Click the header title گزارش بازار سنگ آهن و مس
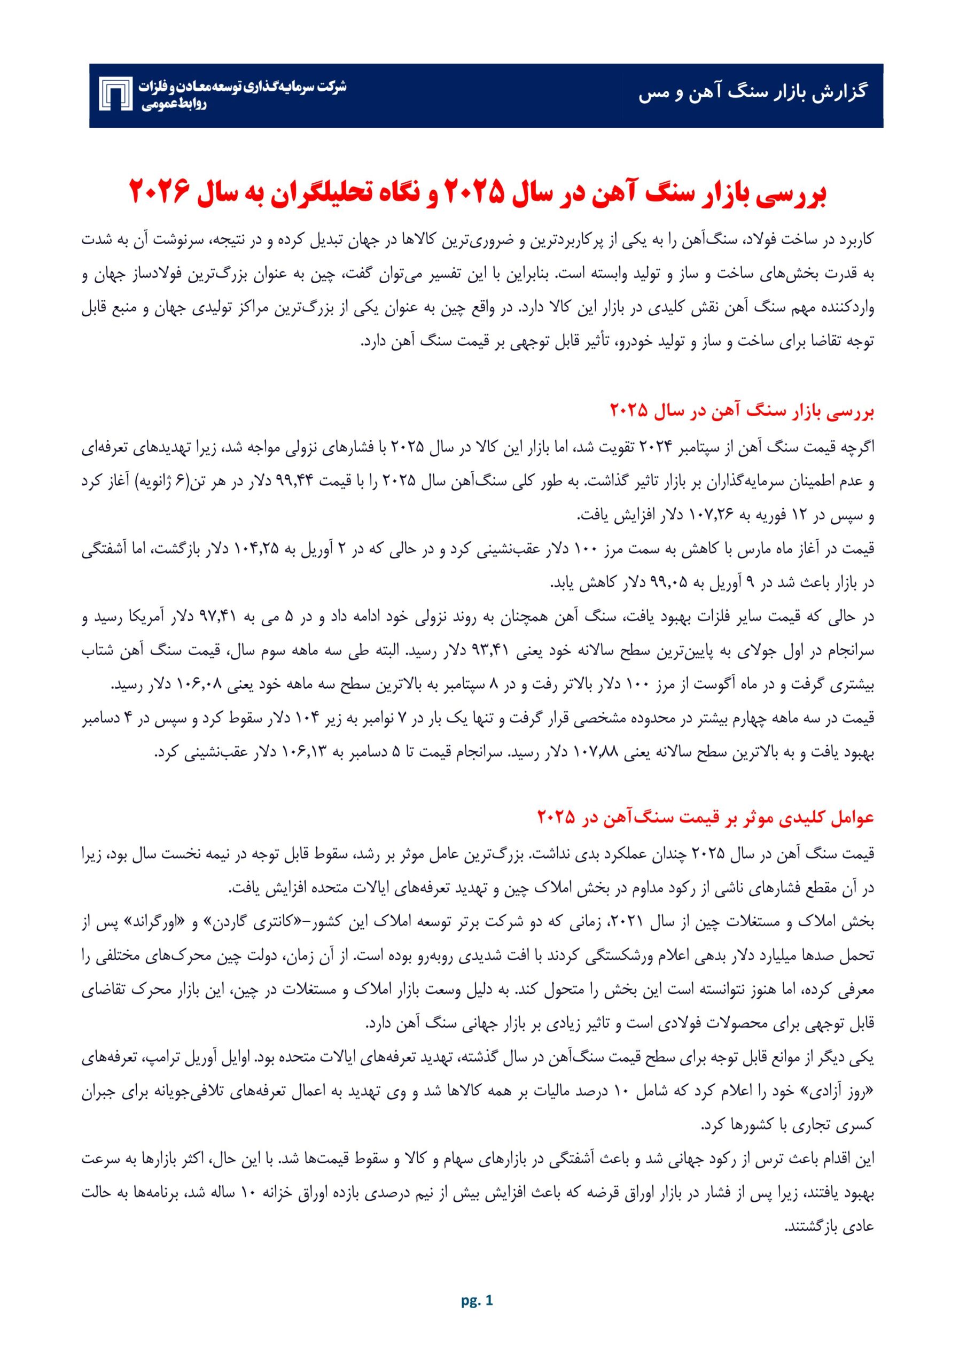(x=753, y=94)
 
